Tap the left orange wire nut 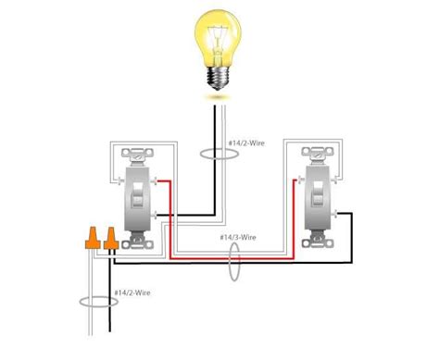pyautogui.click(x=94, y=238)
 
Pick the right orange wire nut pyautogui.click(x=110, y=238)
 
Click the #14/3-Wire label pyautogui.click(x=238, y=238)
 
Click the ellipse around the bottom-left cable pyautogui.click(x=94, y=300)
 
